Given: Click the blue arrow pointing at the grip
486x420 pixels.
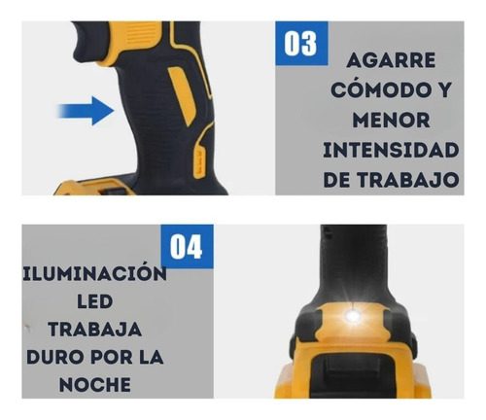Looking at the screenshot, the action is click(86, 111).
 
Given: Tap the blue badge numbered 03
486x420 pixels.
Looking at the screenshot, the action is click(301, 44).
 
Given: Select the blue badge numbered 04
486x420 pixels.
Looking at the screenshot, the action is click(187, 246).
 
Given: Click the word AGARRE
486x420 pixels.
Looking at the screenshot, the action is click(391, 60).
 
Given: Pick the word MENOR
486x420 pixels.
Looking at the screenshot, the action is click(391, 120).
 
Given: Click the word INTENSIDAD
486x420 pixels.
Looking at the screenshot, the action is click(391, 150).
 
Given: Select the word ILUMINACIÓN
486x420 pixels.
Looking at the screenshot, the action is click(94, 273).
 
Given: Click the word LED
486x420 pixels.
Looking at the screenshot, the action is click(94, 302).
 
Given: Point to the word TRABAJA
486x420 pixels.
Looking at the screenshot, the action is click(94, 330).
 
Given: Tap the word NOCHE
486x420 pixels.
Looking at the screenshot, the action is click(94, 385).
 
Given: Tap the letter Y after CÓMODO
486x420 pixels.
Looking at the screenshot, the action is click(441, 89).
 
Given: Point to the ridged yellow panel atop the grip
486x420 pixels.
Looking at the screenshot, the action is click(135, 38).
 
